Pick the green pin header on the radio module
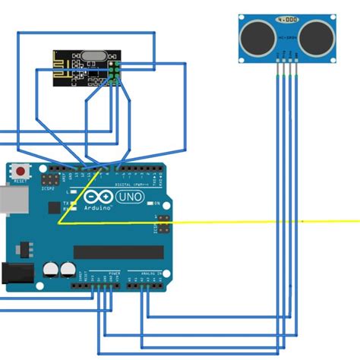(x=114, y=71)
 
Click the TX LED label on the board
(x=66, y=203)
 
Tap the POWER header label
(x=114, y=273)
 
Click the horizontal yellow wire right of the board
(x=266, y=222)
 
